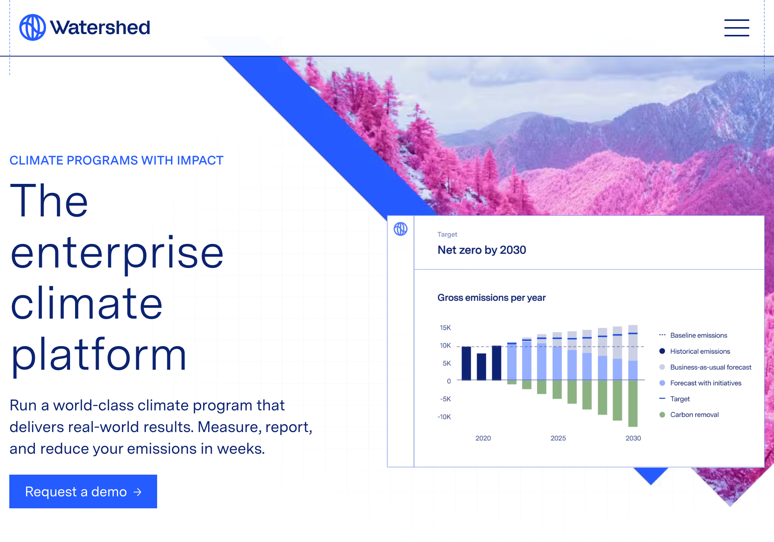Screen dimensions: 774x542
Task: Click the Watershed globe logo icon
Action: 33,27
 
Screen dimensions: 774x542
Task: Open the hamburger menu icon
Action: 736,28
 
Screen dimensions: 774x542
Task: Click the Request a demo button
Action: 83,491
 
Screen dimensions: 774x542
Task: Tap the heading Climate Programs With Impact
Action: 116,160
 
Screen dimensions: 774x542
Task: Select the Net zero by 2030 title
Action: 482,250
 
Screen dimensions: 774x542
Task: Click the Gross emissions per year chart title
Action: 491,298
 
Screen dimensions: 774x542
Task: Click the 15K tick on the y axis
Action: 445,328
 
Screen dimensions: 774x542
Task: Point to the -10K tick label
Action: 444,417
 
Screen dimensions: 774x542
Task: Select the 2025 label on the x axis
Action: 558,438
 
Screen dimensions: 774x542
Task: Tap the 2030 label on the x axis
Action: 633,438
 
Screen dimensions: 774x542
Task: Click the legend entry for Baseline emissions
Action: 693,335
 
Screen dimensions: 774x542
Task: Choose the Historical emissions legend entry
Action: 695,351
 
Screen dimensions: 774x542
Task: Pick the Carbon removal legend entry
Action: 689,415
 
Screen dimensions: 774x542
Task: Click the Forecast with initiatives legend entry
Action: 700,383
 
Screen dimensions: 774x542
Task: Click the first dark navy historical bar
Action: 466,364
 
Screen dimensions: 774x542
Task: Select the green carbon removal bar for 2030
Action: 633,403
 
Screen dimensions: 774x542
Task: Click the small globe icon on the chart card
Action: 401,229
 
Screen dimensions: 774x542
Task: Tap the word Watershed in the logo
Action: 100,28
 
